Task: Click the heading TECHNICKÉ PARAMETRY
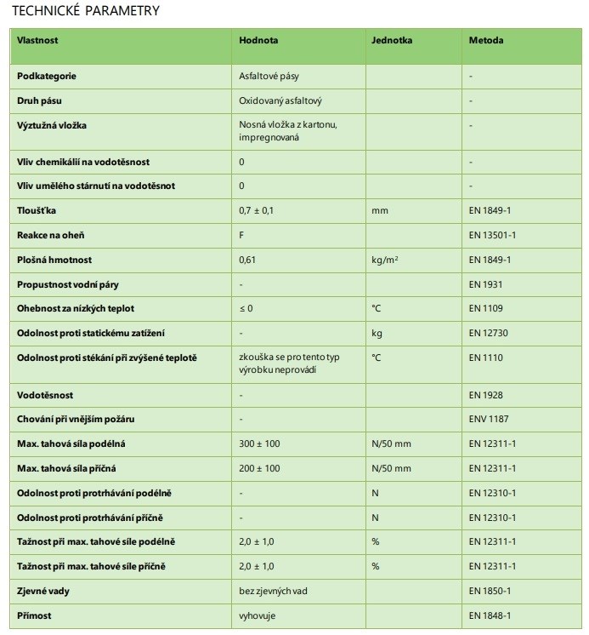tap(86, 10)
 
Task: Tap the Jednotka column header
tap(391, 40)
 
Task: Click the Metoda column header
tap(485, 40)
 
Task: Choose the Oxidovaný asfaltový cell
tap(280, 100)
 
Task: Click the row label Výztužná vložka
tap(52, 125)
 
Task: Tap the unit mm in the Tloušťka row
tap(378, 209)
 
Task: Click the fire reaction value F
tap(242, 234)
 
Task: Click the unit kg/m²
tap(387, 259)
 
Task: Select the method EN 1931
tap(485, 283)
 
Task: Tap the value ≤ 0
tap(246, 308)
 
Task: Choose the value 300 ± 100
tap(258, 444)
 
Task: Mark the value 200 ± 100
tap(258, 468)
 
